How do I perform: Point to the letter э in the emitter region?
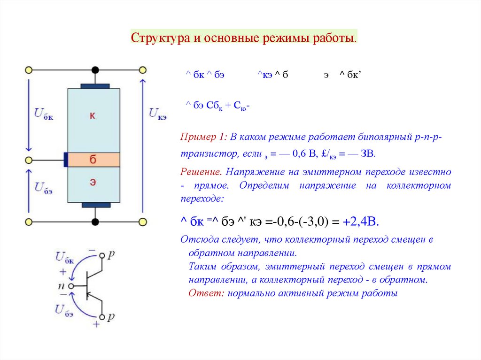click(93, 183)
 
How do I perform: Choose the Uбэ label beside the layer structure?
click(44, 187)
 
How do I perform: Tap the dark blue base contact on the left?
click(66, 160)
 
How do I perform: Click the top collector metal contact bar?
click(95, 86)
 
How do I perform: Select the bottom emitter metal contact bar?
click(96, 205)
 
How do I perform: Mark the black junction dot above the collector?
click(95, 70)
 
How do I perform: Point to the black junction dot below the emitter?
click(95, 221)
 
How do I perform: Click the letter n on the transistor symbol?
click(62, 286)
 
